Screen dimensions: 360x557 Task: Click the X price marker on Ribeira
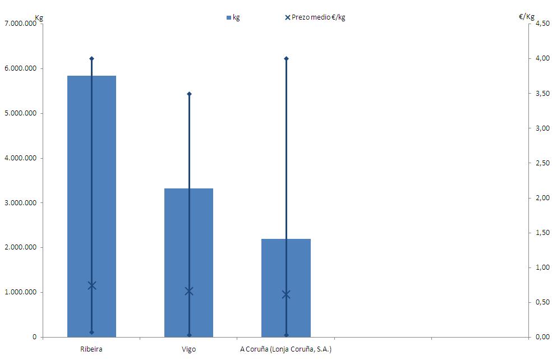(92, 285)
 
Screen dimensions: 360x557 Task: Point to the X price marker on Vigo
(189, 291)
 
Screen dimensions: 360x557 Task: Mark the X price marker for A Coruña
(286, 294)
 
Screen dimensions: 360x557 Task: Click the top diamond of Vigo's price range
(189, 94)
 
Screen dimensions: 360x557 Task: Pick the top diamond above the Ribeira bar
(92, 58)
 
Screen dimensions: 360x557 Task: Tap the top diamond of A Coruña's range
(286, 58)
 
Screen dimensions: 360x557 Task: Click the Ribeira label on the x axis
(91, 349)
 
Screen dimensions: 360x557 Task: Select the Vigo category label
(189, 349)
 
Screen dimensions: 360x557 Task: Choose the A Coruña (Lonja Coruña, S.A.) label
(286, 349)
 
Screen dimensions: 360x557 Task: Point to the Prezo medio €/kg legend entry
(315, 17)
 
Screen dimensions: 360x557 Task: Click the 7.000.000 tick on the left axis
(20, 24)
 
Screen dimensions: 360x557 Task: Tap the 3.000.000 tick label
(20, 203)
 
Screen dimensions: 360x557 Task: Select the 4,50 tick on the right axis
(542, 24)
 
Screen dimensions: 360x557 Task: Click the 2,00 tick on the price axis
(542, 198)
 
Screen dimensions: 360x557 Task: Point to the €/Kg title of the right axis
(527, 17)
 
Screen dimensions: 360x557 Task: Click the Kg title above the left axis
(39, 17)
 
